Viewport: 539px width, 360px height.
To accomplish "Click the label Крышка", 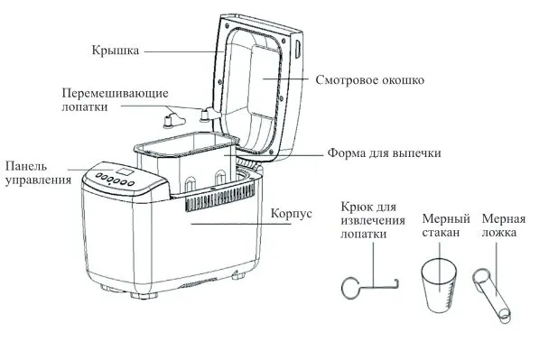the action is pos(116,51).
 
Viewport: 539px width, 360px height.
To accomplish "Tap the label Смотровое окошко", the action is pos(370,80).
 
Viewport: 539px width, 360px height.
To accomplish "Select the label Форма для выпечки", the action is pos(384,152).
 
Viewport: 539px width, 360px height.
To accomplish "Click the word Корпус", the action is pos(292,213).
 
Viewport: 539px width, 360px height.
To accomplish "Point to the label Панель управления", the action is pos(38,173).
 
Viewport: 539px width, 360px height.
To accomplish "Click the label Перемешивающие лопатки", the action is pos(116,100).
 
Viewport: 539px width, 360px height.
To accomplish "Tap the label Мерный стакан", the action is pos(446,226).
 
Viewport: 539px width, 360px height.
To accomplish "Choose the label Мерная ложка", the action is pos(504,226).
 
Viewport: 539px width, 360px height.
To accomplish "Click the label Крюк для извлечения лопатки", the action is pos(373,220).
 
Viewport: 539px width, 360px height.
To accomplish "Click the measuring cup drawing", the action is pos(439,286).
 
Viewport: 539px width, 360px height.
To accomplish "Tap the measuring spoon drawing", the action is pos(491,295).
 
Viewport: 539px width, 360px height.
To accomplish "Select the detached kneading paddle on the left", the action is pos(173,118).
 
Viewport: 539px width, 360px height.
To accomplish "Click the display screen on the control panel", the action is pos(124,171).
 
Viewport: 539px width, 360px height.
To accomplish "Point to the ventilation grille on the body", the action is pos(220,199).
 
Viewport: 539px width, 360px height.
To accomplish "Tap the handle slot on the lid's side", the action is pos(298,49).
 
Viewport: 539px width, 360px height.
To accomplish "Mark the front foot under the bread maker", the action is pos(144,295).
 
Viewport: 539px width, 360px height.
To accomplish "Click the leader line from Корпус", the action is pos(241,224).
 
